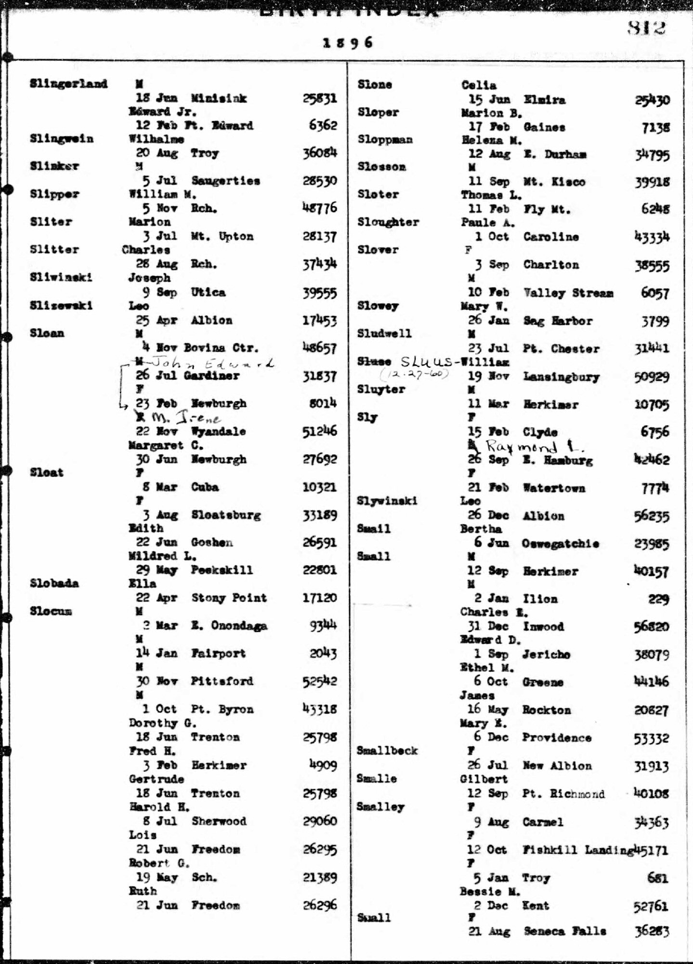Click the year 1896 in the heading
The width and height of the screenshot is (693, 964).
348,42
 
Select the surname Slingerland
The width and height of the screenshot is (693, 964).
68,84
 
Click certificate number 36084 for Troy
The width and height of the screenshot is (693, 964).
319,153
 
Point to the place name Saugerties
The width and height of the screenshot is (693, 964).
225,181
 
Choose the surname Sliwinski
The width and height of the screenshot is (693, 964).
61,278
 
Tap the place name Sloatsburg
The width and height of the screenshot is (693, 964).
226,515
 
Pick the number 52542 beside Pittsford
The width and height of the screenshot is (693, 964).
319,682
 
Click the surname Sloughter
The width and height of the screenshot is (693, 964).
388,223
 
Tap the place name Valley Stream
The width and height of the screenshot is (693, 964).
568,293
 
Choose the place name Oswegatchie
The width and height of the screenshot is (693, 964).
561,544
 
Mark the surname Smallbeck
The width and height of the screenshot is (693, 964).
387,751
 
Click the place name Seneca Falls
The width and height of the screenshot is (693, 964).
564,931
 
